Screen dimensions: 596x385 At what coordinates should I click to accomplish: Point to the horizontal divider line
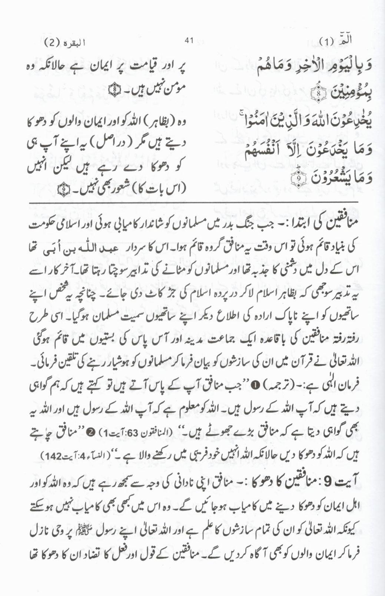coord(193,202)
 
